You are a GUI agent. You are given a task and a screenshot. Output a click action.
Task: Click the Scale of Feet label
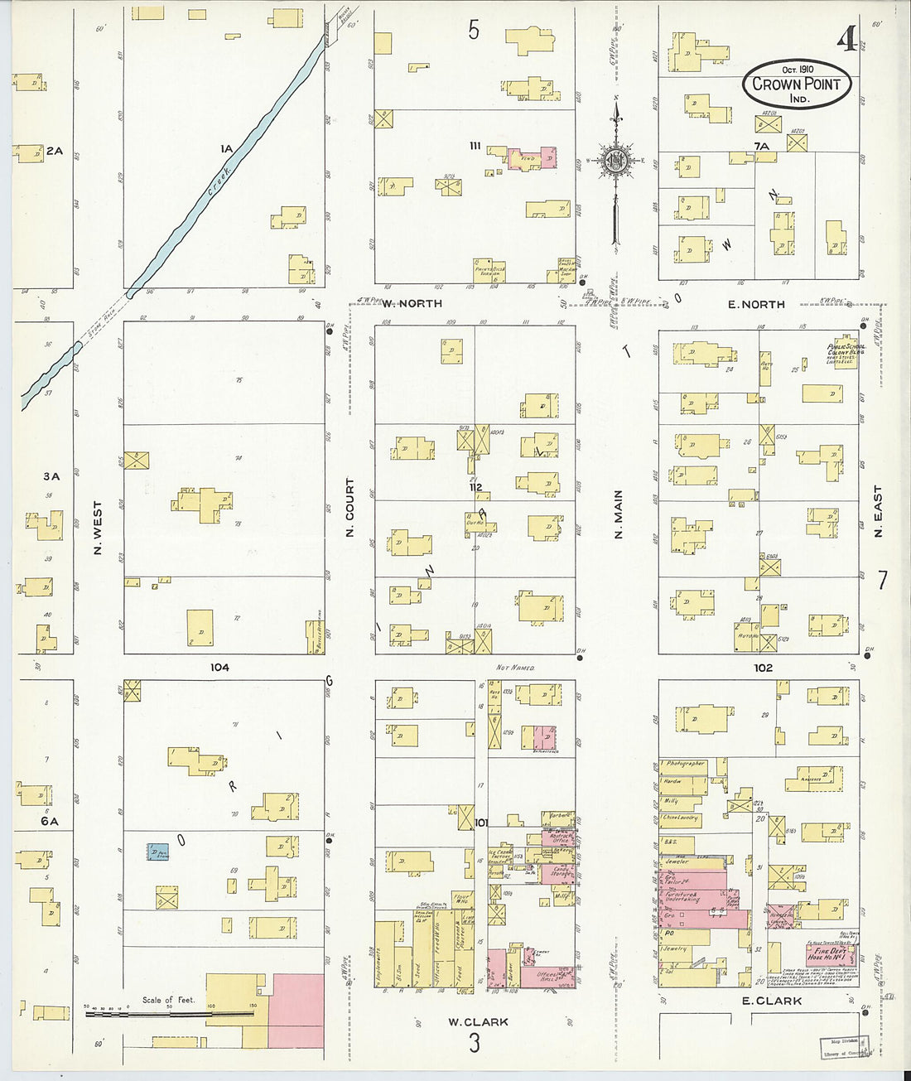tap(168, 1000)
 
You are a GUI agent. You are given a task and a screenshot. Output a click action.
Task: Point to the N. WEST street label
tap(98, 527)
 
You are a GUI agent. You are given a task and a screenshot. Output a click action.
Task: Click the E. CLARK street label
tap(771, 1001)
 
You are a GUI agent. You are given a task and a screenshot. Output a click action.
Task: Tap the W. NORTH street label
tap(412, 304)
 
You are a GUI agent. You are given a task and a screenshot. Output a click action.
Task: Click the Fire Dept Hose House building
tap(831, 952)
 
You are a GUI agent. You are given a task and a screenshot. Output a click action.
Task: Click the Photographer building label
tap(684, 763)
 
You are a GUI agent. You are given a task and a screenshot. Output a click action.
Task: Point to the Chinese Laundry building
tap(681, 818)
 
